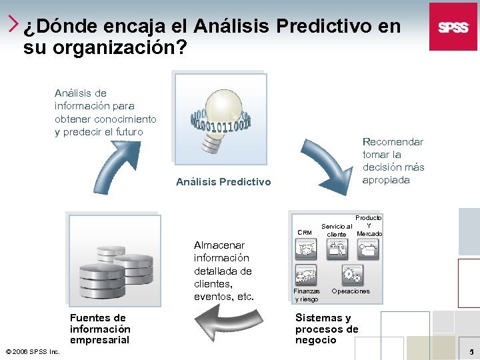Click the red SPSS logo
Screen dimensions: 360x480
(453, 27)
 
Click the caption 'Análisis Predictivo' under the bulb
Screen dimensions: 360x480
(223, 181)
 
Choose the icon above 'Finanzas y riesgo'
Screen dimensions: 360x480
(307, 274)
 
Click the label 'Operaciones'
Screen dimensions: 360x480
(351, 291)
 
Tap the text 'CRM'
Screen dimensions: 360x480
(305, 233)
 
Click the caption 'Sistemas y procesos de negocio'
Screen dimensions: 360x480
(327, 329)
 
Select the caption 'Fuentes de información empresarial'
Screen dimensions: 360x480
(100, 329)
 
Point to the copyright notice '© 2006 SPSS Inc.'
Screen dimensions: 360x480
(32, 351)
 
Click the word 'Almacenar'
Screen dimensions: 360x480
(219, 245)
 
